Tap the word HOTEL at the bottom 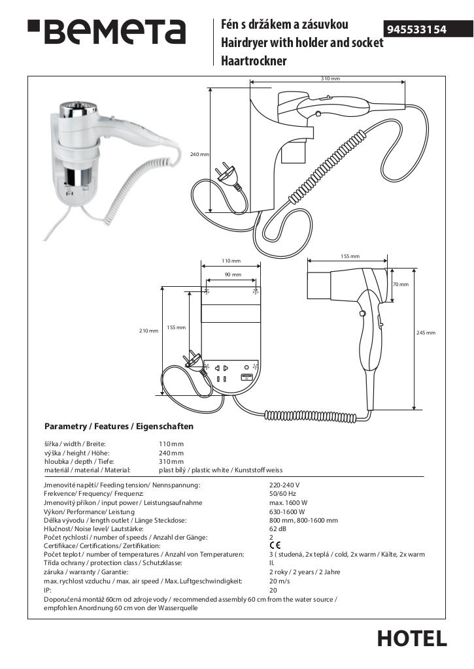(x=412, y=638)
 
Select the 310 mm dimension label (x=330, y=78)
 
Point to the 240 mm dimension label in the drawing (x=199, y=154)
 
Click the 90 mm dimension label (x=233, y=274)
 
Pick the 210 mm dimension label (x=149, y=331)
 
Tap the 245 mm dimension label (x=426, y=333)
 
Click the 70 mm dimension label (x=400, y=284)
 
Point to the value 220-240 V (x=284, y=485)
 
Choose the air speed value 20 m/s (x=280, y=580)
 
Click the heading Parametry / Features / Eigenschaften (x=119, y=427)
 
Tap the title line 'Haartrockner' (x=254, y=61)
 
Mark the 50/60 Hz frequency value (x=282, y=494)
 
